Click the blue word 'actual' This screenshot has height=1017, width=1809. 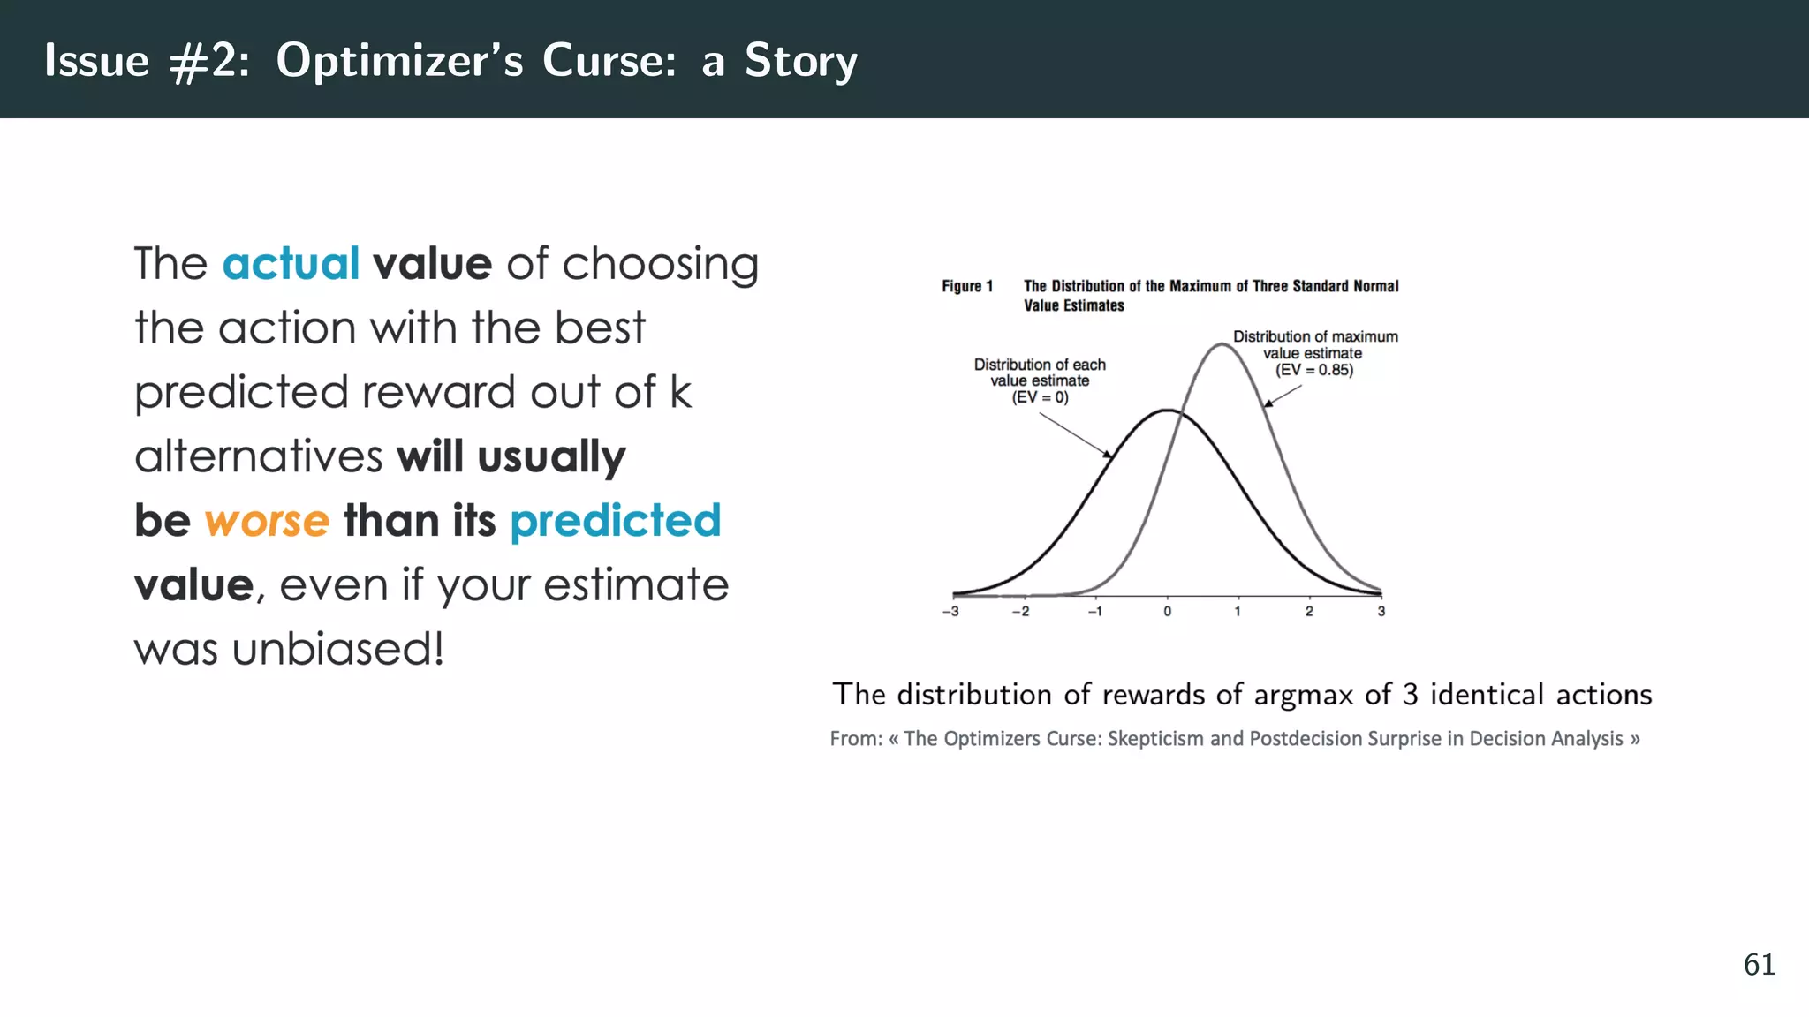point(291,264)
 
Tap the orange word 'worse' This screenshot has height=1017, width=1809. point(267,521)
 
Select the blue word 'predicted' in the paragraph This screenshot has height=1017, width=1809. point(615,521)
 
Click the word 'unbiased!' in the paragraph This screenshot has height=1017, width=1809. point(337,650)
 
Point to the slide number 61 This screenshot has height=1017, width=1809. point(1759,964)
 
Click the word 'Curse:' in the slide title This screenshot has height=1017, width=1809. point(609,61)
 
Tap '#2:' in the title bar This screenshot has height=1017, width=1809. point(209,61)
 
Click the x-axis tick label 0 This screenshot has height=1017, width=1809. point(1167,611)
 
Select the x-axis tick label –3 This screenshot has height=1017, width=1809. point(950,611)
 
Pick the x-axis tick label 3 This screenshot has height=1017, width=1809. point(1381,611)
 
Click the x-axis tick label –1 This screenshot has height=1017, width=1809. point(1094,611)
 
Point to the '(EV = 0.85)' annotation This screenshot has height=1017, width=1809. point(1313,370)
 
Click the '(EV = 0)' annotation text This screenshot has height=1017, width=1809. point(1040,397)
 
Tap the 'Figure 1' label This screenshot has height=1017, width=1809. point(966,286)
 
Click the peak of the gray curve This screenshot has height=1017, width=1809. point(1221,345)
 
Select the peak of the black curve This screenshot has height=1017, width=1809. point(1167,411)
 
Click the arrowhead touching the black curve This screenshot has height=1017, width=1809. point(1108,454)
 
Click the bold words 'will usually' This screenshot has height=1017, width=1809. point(511,457)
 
